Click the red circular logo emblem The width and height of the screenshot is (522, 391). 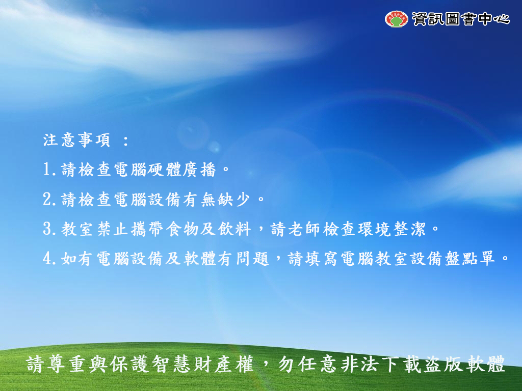tap(396, 19)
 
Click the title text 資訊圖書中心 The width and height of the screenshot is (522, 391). tap(461, 19)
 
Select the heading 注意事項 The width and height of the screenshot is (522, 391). tap(77, 140)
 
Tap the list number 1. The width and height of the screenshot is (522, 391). tap(47, 170)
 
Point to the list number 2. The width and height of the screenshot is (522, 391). tap(47, 199)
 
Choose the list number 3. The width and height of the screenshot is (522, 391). tap(47, 229)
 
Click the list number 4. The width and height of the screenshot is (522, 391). tap(47, 258)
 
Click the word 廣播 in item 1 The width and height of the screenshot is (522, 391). tap(199, 170)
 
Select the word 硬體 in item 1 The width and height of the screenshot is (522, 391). tap(165, 170)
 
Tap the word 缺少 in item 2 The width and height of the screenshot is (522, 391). tap(234, 199)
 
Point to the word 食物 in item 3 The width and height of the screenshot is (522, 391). tap(182, 229)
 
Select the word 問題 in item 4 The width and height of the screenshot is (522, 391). tap(252, 258)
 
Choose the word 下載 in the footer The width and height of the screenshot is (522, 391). tap(402, 365)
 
